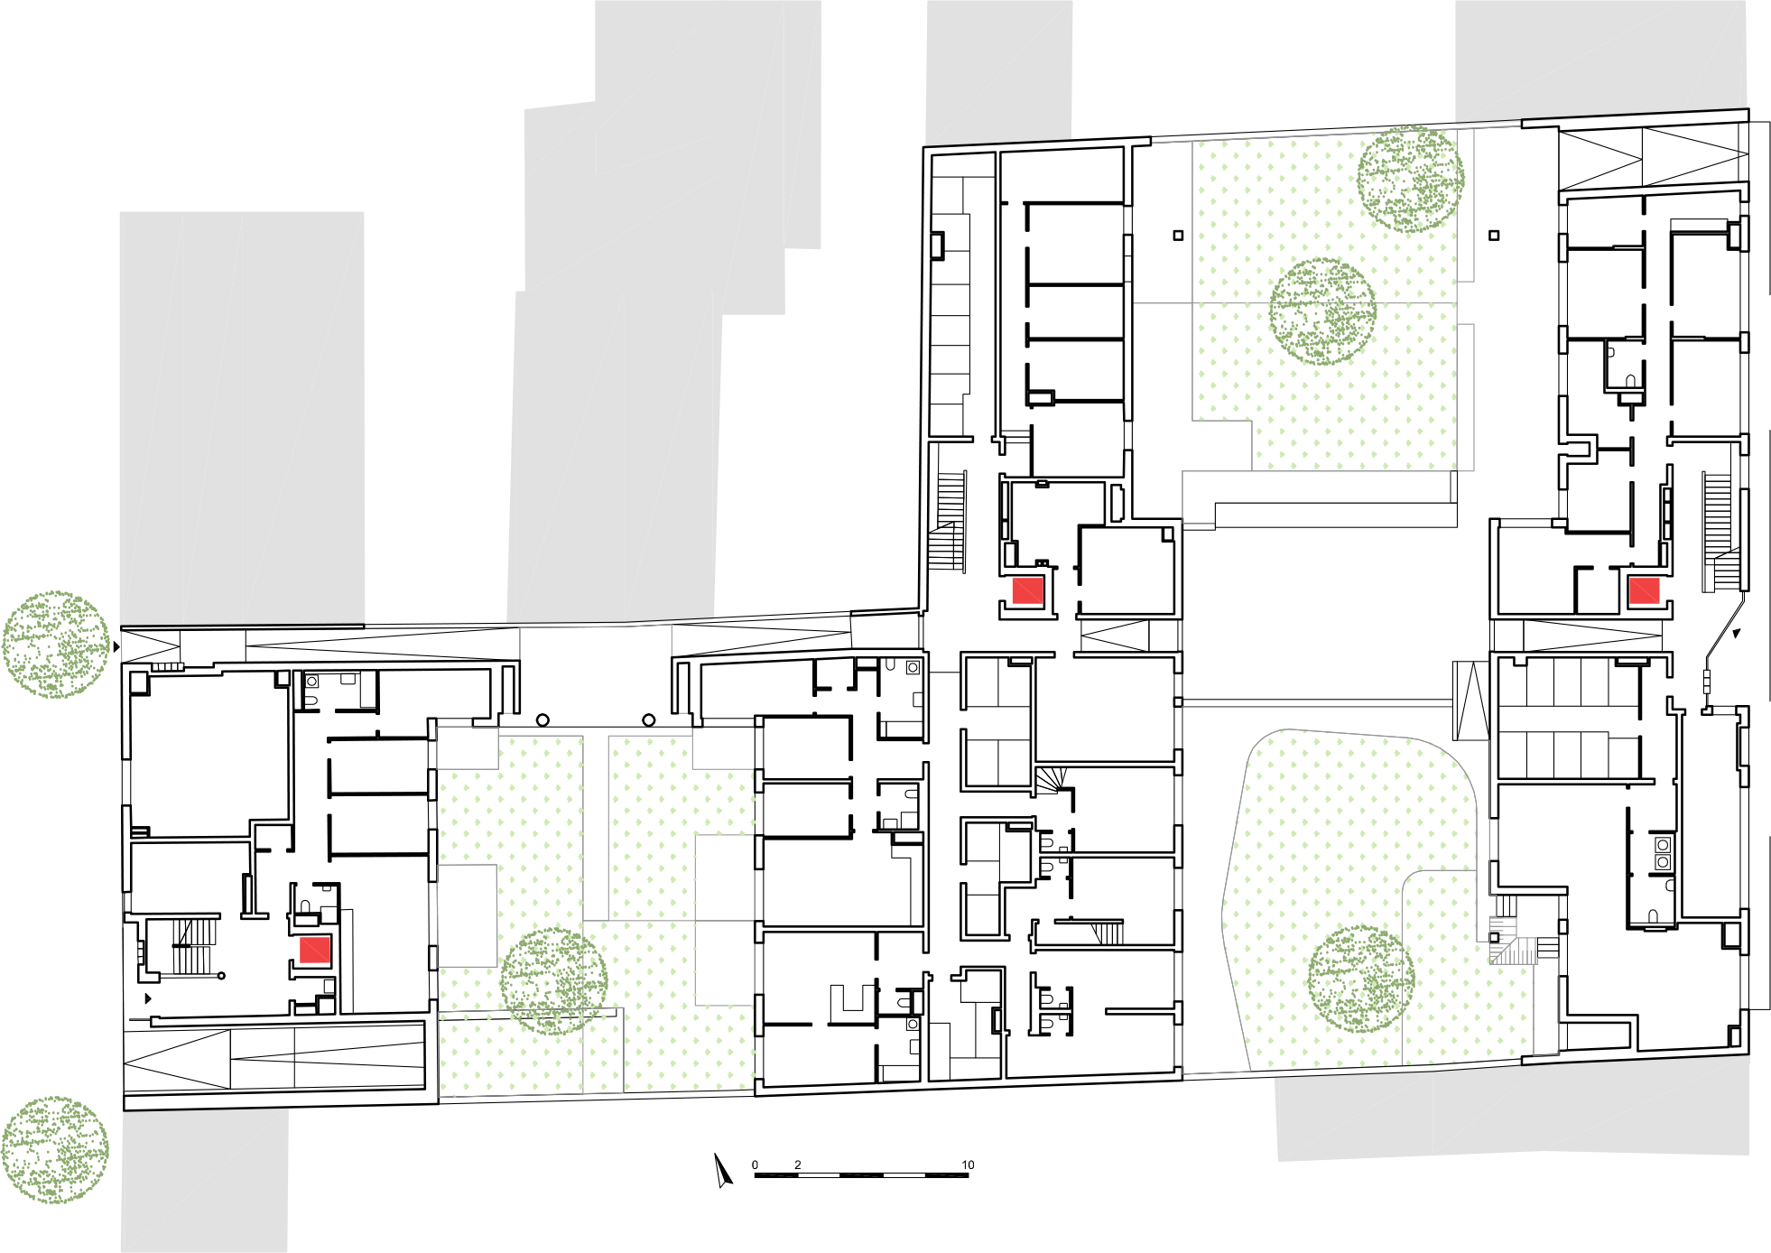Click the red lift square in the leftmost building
314,951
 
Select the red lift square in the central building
1027,591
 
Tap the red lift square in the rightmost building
1643,590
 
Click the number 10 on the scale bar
968,1165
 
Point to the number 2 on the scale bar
797,1165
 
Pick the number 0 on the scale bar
755,1165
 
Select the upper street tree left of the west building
55,645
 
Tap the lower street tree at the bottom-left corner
54,1150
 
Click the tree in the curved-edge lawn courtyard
1360,979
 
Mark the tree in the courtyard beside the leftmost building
553,981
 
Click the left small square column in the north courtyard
1178,236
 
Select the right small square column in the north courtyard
1494,236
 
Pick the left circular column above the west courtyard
542,720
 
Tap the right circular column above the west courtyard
648,720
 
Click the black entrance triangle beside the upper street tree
116,647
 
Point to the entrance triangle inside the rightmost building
1736,634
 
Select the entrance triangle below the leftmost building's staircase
149,998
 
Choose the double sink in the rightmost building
1663,854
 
